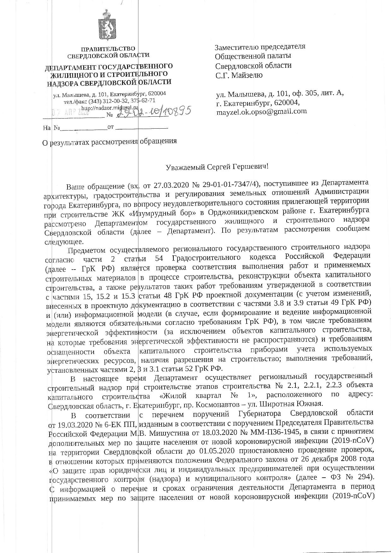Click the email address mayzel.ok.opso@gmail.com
pos(261,111)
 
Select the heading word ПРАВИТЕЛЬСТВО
pos(108,49)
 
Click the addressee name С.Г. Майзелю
pos(239,75)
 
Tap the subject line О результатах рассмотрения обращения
pos(110,141)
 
